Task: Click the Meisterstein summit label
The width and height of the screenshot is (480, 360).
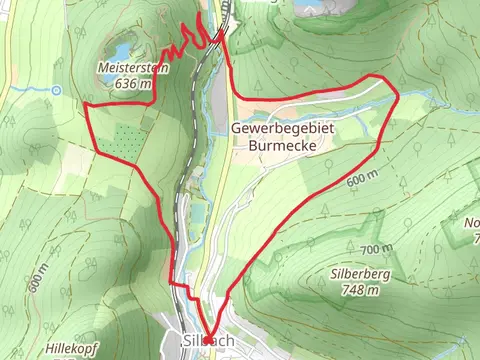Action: click(x=132, y=68)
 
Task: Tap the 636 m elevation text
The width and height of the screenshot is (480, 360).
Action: click(x=132, y=84)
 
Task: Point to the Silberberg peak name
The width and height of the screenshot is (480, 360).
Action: click(x=358, y=273)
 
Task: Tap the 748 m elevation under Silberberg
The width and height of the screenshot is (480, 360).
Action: click(x=358, y=290)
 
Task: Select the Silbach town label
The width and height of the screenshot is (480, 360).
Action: click(x=209, y=341)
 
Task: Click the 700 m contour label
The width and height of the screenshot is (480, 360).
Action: click(x=375, y=248)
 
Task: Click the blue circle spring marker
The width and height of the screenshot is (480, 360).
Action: click(x=57, y=90)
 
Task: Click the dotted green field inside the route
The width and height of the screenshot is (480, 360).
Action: click(x=120, y=140)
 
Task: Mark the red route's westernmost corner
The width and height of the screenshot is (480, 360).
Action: click(x=85, y=105)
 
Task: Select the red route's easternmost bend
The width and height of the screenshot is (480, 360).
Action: click(x=398, y=95)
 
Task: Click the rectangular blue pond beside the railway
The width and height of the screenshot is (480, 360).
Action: click(x=198, y=213)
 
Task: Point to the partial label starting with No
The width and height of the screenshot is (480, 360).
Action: click(x=472, y=222)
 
